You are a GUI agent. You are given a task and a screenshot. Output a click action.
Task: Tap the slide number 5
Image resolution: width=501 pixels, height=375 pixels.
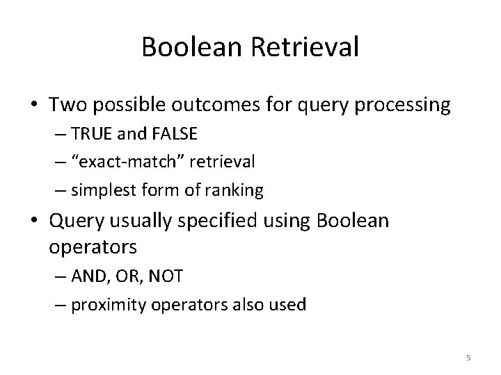pyautogui.click(x=468, y=358)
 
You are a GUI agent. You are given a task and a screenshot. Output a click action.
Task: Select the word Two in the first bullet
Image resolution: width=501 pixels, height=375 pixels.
pyautogui.click(x=65, y=106)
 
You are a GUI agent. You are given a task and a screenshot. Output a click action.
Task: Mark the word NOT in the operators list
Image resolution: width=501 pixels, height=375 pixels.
pyautogui.click(x=167, y=276)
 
